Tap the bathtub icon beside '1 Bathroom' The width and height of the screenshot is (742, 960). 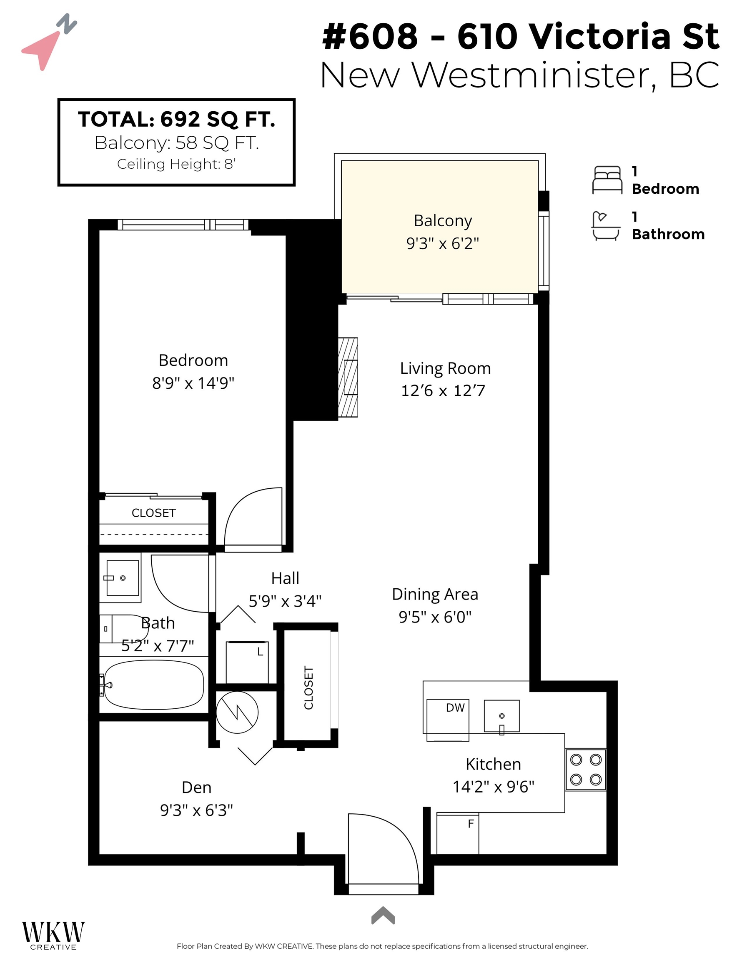pyautogui.click(x=606, y=226)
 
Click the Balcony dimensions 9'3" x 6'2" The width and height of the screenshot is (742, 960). pyautogui.click(x=442, y=243)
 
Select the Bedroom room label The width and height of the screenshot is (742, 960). pyautogui.click(x=193, y=360)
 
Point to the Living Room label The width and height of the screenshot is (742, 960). pyautogui.click(x=445, y=368)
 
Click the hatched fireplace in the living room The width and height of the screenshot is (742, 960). pyautogui.click(x=348, y=377)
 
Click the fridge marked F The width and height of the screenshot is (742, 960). pyautogui.click(x=457, y=833)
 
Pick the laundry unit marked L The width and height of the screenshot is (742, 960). pyautogui.click(x=247, y=662)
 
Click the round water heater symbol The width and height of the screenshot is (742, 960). pyautogui.click(x=237, y=712)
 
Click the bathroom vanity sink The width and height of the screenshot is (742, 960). pyautogui.click(x=122, y=578)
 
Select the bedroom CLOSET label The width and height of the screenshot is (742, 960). pyautogui.click(x=153, y=513)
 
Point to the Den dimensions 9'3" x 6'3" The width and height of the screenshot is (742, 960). pyautogui.click(x=196, y=810)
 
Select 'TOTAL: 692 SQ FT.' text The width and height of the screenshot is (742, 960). pyautogui.click(x=176, y=120)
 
